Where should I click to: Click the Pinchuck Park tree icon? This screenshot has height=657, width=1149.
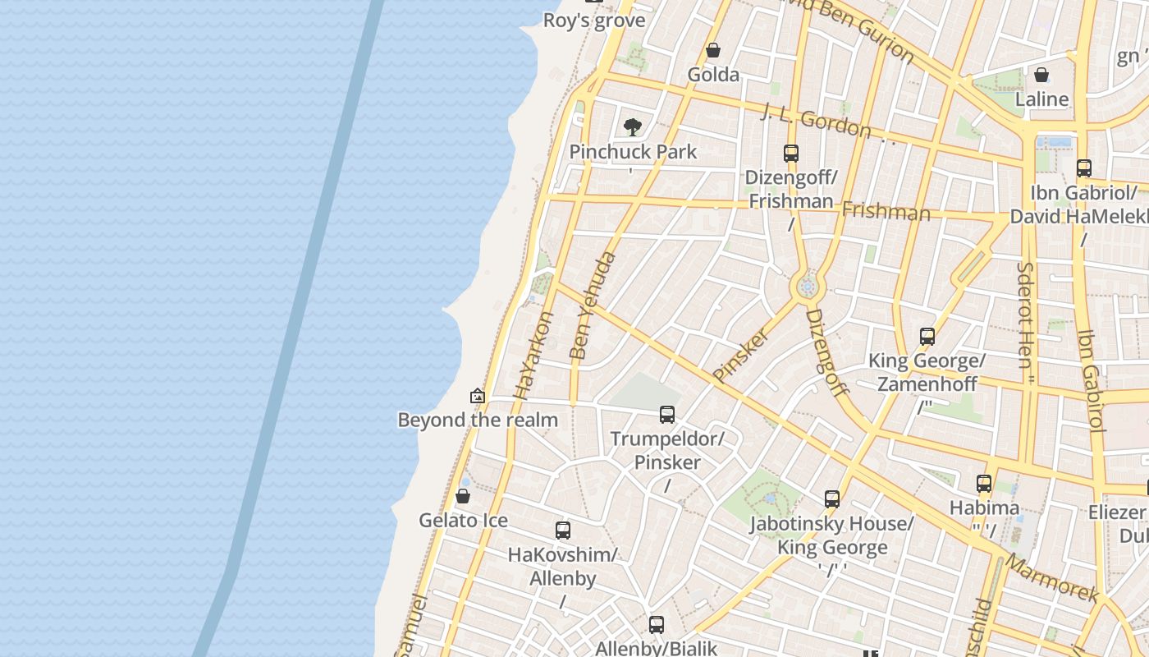pos(632,126)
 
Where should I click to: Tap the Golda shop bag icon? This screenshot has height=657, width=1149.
pos(713,50)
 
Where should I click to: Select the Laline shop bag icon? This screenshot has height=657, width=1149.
pos(1041,75)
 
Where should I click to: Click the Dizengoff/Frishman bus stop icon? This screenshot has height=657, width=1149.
pos(791,153)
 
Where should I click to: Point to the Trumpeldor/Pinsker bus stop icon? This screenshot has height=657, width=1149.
pos(667,414)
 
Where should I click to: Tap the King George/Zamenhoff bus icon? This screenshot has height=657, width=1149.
pos(927,336)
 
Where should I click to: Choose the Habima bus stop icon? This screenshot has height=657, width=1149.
pos(984,483)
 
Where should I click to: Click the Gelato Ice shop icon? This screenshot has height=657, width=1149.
pos(463,496)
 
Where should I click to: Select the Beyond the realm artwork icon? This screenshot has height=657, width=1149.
pos(478,396)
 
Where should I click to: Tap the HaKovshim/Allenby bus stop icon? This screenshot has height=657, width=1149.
pos(562,530)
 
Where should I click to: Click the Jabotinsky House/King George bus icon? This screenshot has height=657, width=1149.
pos(832,498)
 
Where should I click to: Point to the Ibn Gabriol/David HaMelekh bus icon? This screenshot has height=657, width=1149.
pos(1084,168)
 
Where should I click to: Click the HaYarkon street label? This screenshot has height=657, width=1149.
pos(534,355)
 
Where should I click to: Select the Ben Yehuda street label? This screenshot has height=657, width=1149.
pos(592,306)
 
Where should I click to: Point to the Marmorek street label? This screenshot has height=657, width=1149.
pos(1051,578)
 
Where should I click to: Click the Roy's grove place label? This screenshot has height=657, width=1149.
pos(594,21)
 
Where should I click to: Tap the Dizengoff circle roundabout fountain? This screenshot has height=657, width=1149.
pos(808,287)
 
